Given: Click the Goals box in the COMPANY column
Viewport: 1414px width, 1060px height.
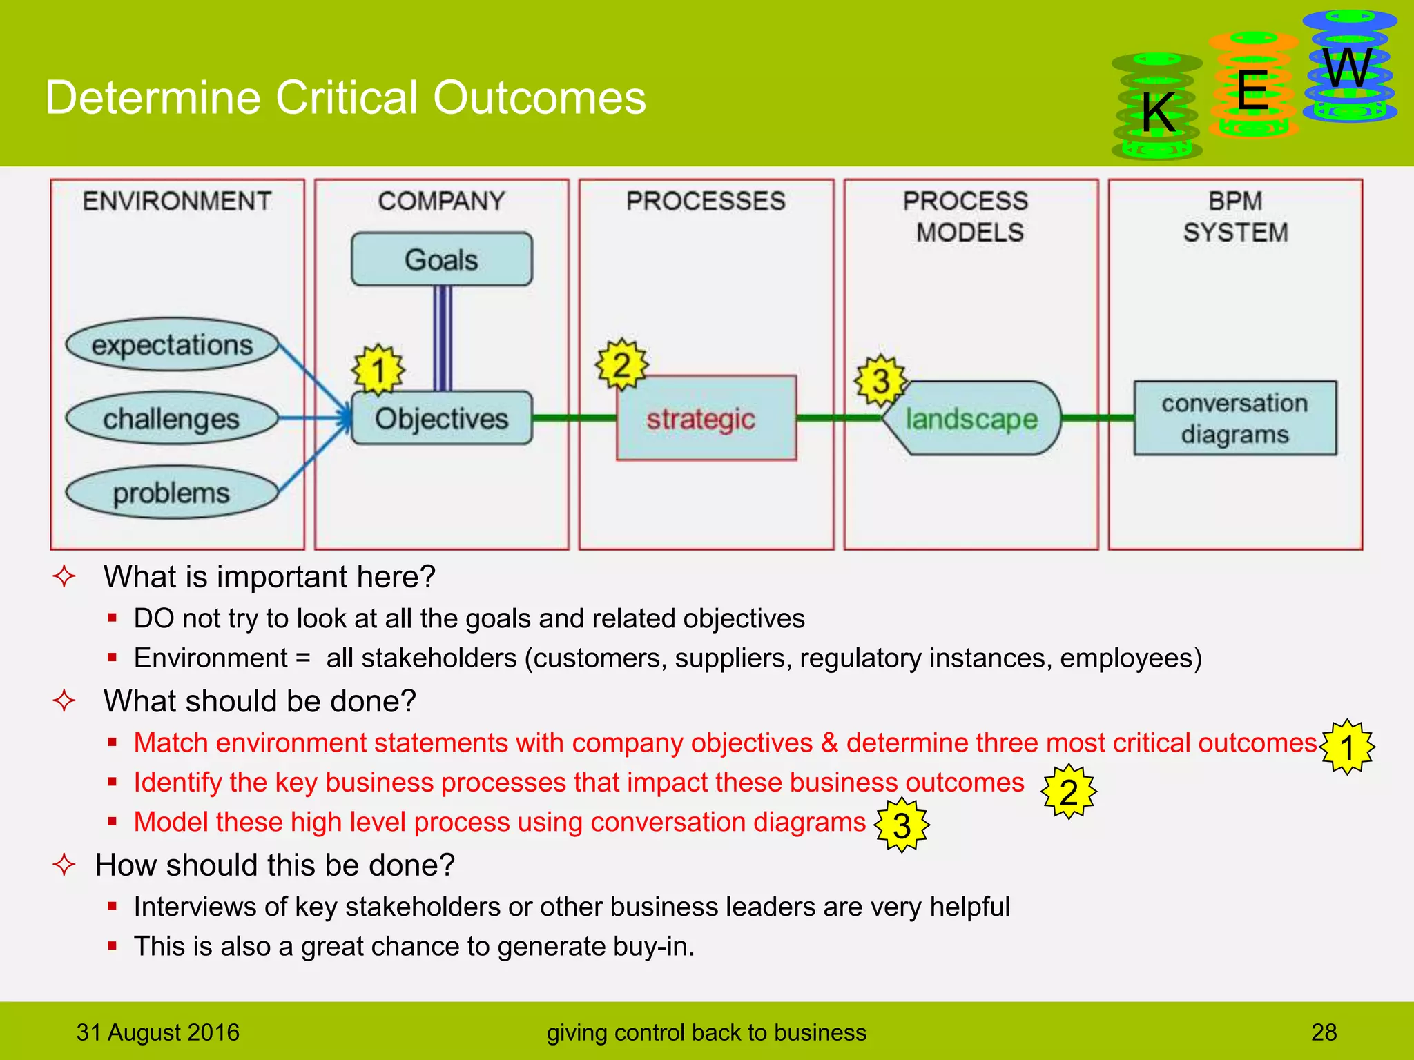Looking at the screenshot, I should click(x=441, y=259).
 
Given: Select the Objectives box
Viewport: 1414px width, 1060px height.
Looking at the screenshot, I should click(x=441, y=418).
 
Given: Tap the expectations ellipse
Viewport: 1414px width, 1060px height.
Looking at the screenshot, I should click(x=172, y=344).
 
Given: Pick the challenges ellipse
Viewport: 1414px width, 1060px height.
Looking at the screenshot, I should click(x=171, y=418).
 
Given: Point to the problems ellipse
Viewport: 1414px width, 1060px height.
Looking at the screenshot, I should click(x=171, y=493).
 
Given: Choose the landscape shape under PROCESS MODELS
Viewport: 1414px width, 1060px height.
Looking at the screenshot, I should click(x=972, y=419).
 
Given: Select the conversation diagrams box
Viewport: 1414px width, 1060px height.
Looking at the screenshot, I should click(x=1234, y=418).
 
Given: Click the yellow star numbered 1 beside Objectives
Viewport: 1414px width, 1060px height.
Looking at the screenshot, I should click(x=378, y=370).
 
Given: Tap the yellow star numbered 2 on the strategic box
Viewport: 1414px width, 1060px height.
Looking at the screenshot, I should click(x=621, y=364).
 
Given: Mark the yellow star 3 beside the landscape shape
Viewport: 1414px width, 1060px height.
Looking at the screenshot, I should click(x=880, y=380).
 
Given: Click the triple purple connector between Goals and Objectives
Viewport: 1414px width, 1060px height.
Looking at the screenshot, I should click(x=443, y=338).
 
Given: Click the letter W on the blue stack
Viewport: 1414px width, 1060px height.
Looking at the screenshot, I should click(x=1347, y=69).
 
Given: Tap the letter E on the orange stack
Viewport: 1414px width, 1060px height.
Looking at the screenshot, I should click(x=1252, y=91).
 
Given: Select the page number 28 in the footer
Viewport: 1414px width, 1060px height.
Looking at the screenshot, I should click(x=1324, y=1032).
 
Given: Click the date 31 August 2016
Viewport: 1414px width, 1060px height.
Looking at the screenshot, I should click(x=157, y=1032).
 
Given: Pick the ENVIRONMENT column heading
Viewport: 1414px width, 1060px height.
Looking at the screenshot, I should click(x=177, y=202).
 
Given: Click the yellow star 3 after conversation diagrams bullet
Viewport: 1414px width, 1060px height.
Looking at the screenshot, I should click(x=902, y=825).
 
